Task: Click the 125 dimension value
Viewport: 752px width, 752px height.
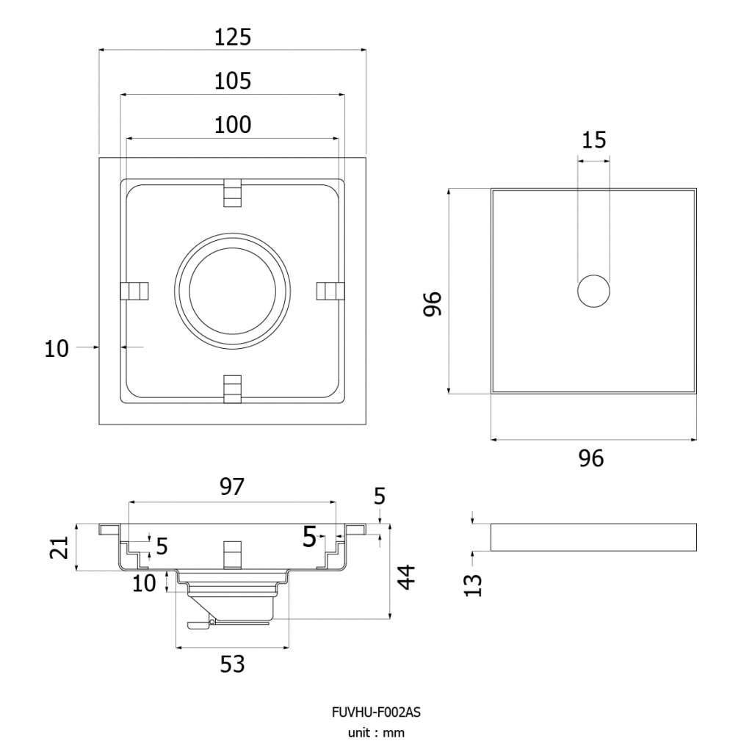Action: [x=233, y=37]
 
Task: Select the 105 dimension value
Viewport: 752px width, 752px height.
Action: [x=233, y=81]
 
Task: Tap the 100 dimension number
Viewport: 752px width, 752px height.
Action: [x=233, y=125]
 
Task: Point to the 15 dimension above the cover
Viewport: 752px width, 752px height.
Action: [x=593, y=140]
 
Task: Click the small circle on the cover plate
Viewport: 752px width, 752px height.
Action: [x=593, y=291]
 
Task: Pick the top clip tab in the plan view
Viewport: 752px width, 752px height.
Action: [x=233, y=193]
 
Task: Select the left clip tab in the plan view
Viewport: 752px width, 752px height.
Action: [x=134, y=291]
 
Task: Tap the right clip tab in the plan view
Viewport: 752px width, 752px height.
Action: [x=331, y=291]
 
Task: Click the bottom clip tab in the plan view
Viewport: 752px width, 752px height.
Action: [x=233, y=388]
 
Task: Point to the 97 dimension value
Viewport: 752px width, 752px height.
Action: [x=232, y=487]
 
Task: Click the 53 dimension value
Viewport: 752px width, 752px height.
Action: [x=232, y=664]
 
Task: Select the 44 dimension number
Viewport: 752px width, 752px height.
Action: [x=407, y=577]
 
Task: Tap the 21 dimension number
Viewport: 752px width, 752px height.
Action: [x=59, y=547]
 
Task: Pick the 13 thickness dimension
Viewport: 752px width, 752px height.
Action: [x=473, y=585]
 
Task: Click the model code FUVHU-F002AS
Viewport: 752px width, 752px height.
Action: [x=376, y=712]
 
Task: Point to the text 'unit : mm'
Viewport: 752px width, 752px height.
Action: [x=376, y=733]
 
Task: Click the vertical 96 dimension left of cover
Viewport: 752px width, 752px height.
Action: [x=432, y=303]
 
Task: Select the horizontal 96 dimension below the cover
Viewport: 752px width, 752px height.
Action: [x=591, y=458]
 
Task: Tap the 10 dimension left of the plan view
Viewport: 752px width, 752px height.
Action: [x=57, y=349]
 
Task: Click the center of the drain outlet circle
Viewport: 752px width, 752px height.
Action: [x=233, y=291]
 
